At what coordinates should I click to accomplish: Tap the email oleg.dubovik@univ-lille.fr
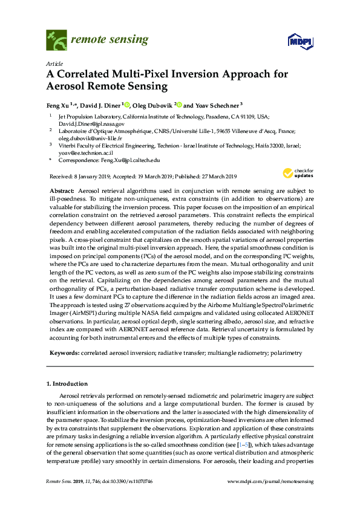click(x=90, y=138)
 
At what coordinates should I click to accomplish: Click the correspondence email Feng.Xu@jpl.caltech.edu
click(x=129, y=161)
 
